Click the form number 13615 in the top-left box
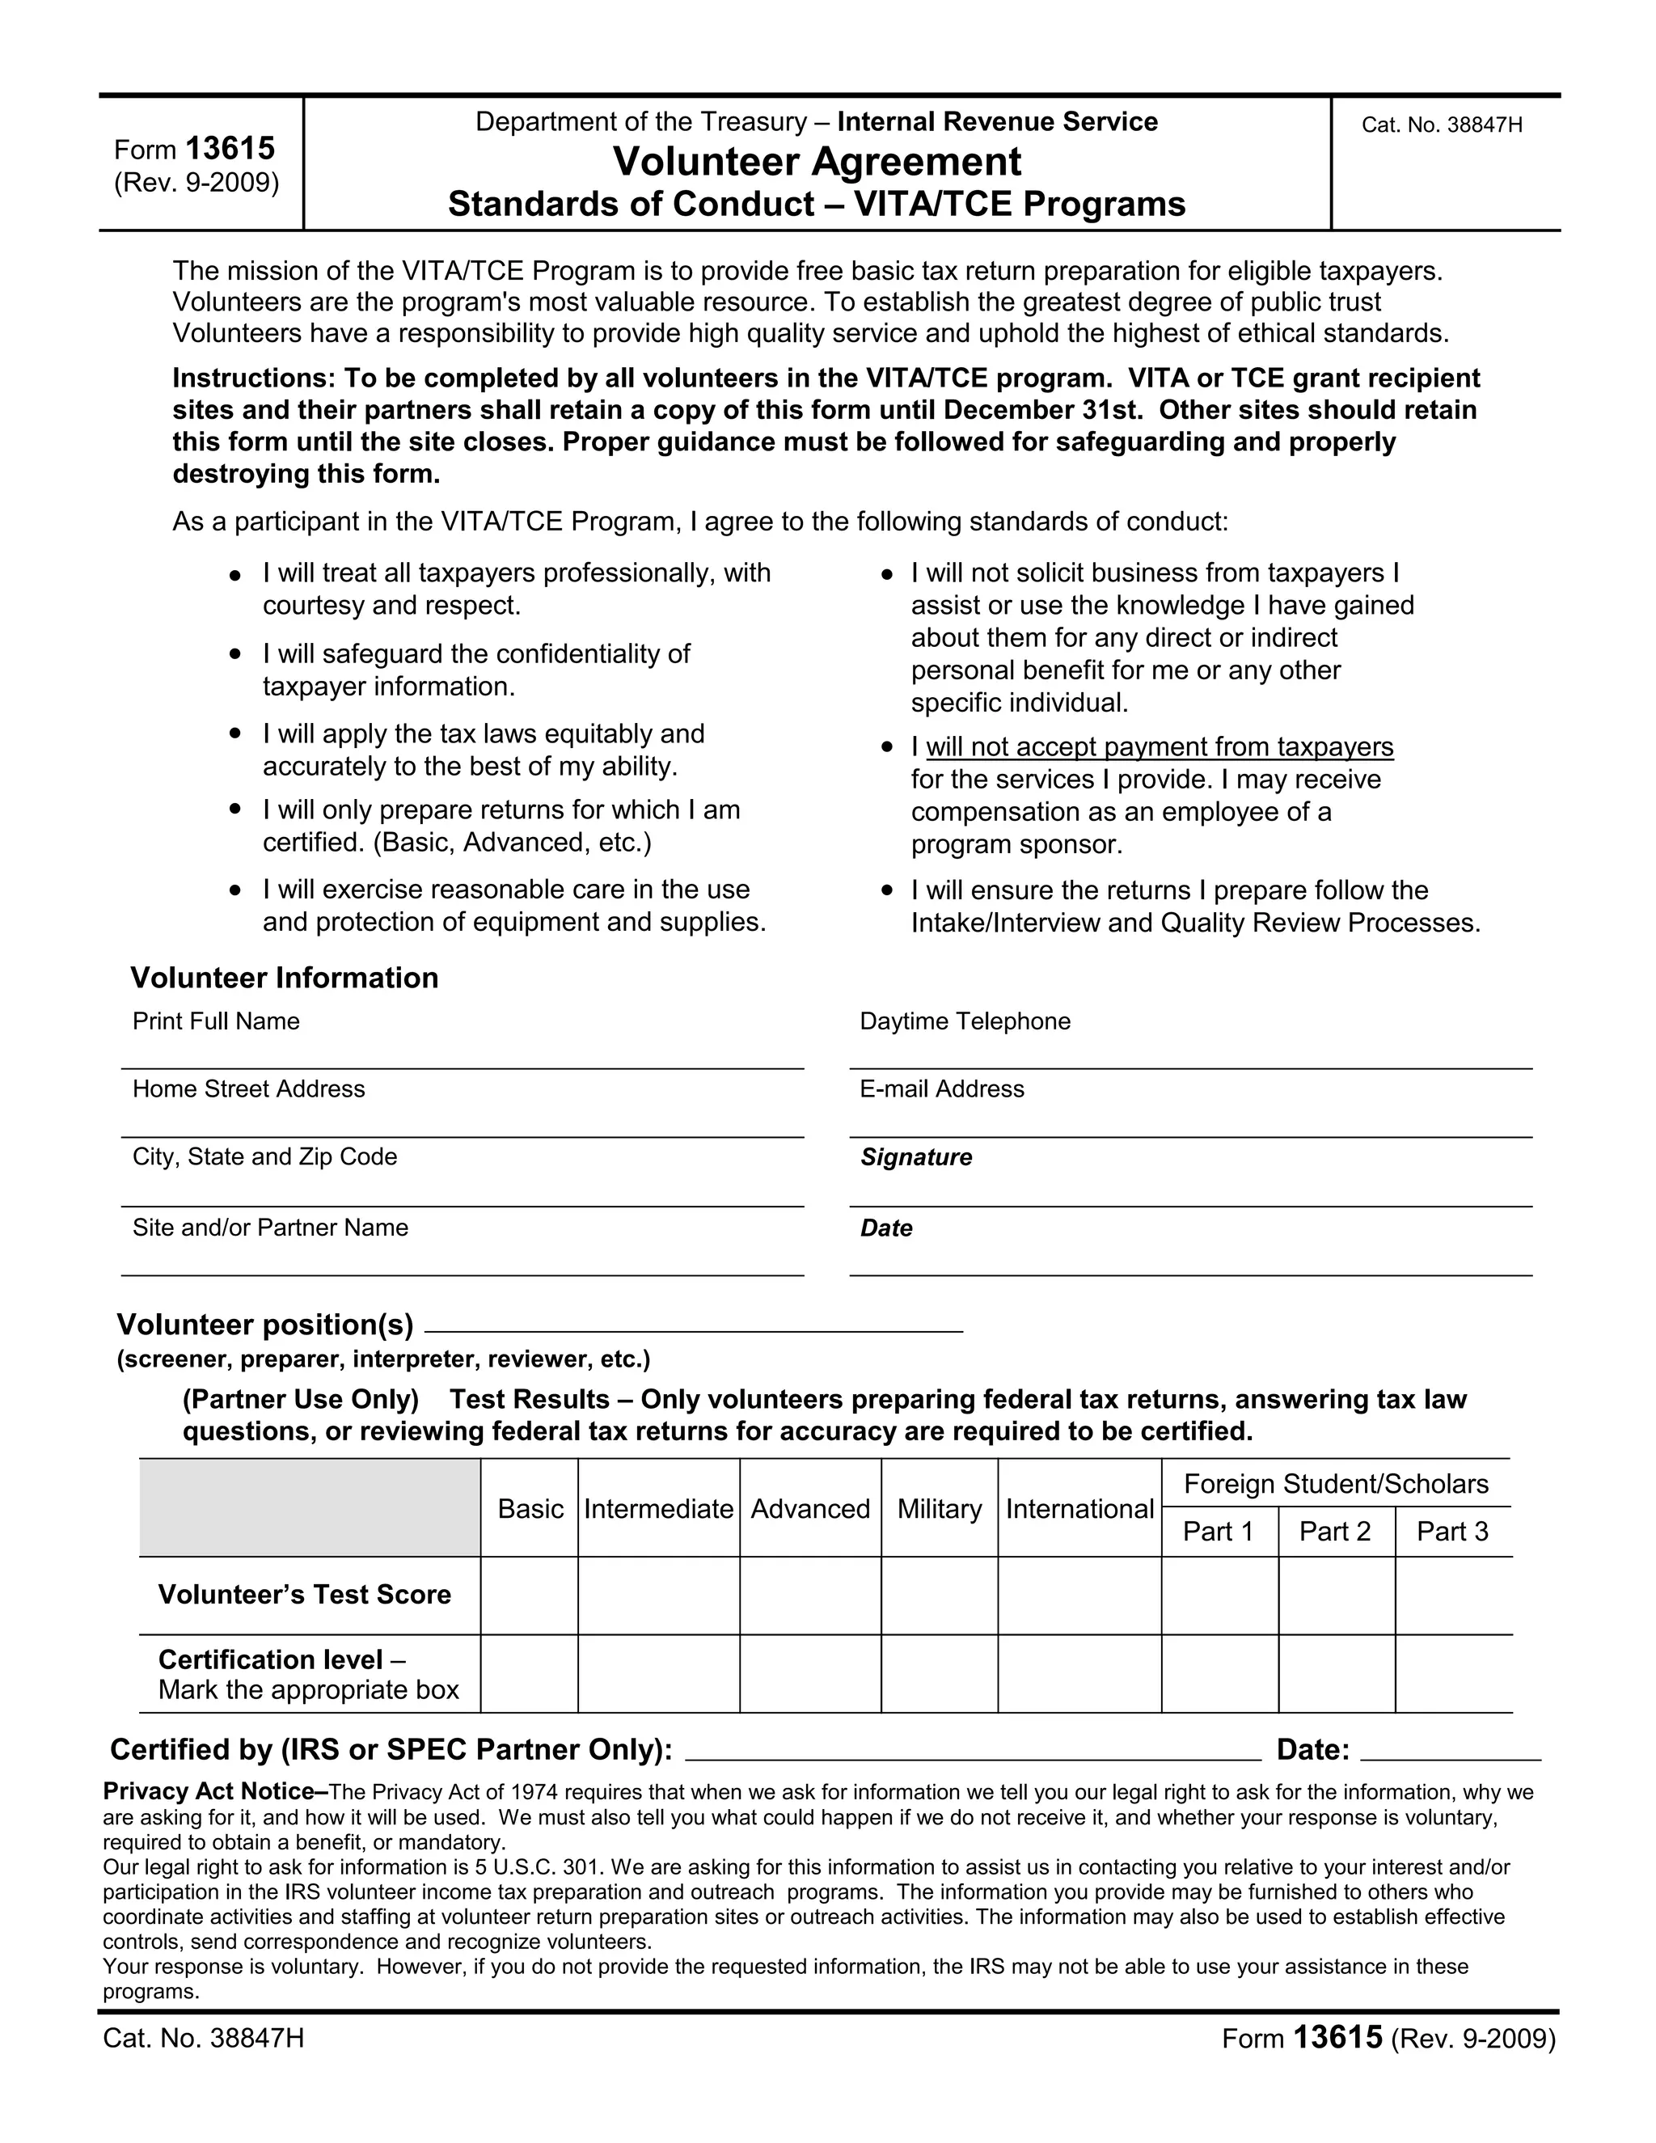[230, 148]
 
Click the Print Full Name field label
[216, 1021]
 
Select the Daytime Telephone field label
[965, 1021]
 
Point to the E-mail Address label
[941, 1089]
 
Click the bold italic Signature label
[915, 1157]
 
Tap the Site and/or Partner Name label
[270, 1228]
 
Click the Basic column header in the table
[530, 1508]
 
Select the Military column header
[939, 1508]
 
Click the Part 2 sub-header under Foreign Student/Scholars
[1334, 1532]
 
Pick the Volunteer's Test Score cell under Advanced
[810, 1595]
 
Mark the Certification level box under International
[1079, 1674]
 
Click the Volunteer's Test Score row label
[304, 1595]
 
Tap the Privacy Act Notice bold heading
[208, 1792]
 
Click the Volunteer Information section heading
[285, 978]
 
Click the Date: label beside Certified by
[1312, 1749]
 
